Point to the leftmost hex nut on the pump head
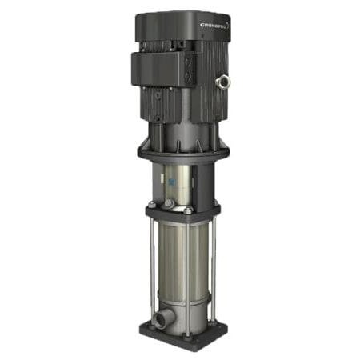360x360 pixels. (151, 203)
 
